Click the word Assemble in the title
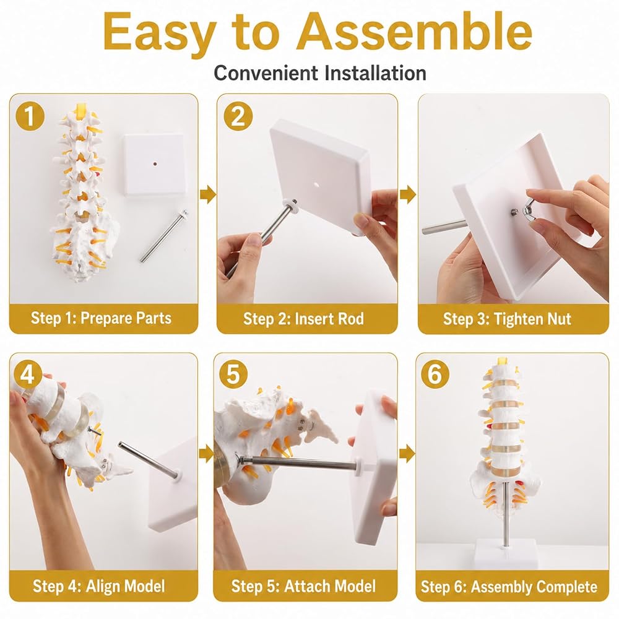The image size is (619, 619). (x=415, y=31)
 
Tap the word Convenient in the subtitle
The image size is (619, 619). (x=266, y=73)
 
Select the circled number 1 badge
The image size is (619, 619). (x=30, y=116)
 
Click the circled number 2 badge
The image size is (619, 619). (x=238, y=116)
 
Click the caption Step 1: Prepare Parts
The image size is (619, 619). (x=101, y=318)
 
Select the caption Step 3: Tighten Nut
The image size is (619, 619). (x=507, y=319)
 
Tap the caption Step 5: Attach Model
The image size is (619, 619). (x=303, y=586)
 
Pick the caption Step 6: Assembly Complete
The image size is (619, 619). (x=509, y=587)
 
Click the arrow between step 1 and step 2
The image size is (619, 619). (x=207, y=194)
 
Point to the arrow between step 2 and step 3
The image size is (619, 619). (x=408, y=194)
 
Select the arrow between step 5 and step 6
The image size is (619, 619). (x=407, y=454)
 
